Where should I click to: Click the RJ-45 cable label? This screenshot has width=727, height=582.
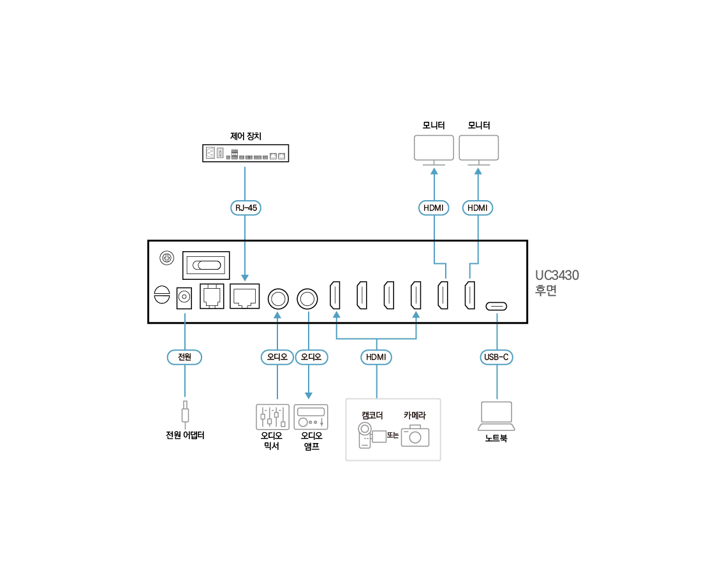tap(246, 207)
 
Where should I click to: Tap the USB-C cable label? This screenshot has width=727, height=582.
tap(496, 357)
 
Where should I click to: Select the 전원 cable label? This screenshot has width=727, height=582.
tap(184, 357)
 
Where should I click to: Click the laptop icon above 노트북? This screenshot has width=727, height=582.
tap(496, 416)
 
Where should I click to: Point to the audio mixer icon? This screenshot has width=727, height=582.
tap(272, 416)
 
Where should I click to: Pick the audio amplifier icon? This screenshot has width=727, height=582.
tap(311, 417)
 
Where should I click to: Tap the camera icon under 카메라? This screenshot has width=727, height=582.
tap(415, 435)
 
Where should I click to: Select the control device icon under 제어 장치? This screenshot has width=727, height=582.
tap(246, 154)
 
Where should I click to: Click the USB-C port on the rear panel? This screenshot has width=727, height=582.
tap(497, 306)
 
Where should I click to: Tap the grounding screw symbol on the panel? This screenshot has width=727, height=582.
tap(166, 258)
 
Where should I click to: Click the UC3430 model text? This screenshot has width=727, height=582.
tap(557, 275)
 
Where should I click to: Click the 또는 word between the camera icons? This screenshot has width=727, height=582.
tap(393, 435)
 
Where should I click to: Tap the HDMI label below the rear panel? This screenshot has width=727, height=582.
tap(376, 357)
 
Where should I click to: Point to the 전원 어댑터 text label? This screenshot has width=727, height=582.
tap(185, 435)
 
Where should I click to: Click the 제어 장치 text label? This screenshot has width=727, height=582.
tap(246, 136)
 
